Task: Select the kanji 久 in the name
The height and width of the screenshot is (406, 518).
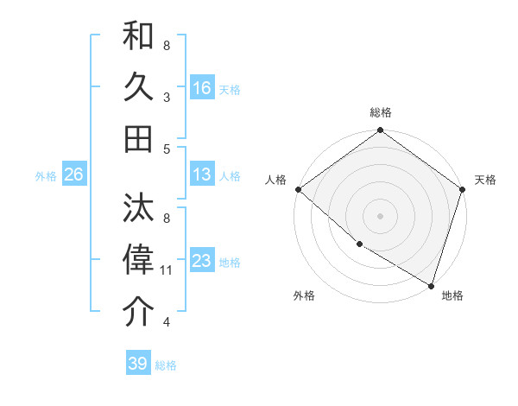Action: (139, 88)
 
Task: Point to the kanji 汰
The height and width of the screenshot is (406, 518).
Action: (139, 208)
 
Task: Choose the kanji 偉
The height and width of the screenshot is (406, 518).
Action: (139, 260)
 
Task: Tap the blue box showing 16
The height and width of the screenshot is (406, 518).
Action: (202, 88)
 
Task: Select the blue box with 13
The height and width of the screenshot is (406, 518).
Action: (202, 174)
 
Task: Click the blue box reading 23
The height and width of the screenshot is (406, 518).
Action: (202, 261)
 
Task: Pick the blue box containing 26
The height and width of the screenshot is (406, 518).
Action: (73, 174)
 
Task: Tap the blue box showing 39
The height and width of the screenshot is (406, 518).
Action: (137, 364)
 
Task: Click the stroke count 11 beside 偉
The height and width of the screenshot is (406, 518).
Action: (167, 270)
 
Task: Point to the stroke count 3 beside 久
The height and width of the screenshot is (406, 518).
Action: (166, 98)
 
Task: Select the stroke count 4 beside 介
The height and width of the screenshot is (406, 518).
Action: (166, 322)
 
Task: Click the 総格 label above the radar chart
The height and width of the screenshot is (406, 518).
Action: (380, 112)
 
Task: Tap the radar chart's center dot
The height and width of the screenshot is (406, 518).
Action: (380, 215)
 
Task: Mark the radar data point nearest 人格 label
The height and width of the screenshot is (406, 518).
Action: (298, 189)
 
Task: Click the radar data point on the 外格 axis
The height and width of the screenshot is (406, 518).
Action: (359, 244)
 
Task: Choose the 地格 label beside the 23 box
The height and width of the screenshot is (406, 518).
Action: (230, 262)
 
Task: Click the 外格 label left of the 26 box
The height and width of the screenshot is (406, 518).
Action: (46, 175)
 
